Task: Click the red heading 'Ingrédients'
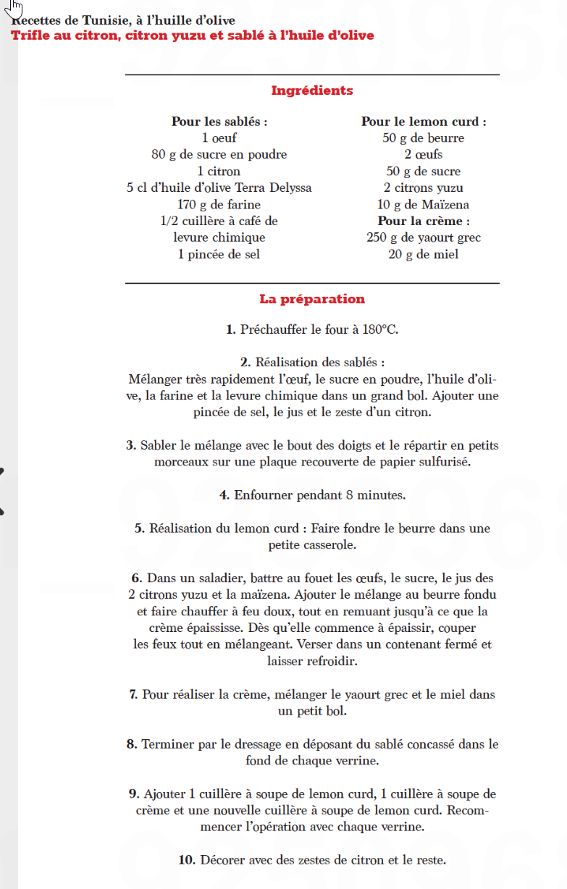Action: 312,91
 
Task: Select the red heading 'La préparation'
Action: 312,299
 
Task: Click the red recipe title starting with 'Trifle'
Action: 193,35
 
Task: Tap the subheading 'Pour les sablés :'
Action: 219,122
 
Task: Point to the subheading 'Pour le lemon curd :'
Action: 424,122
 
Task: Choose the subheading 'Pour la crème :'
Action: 424,221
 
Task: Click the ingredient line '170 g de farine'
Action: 219,205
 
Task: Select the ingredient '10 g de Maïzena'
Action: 424,205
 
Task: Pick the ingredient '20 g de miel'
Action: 424,254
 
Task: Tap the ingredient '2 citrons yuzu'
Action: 424,188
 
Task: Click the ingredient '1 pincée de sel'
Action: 219,254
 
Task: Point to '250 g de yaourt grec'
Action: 424,237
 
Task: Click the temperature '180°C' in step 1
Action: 380,329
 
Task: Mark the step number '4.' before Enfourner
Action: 224,495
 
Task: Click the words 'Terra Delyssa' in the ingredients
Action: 274,188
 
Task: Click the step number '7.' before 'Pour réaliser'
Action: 134,694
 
